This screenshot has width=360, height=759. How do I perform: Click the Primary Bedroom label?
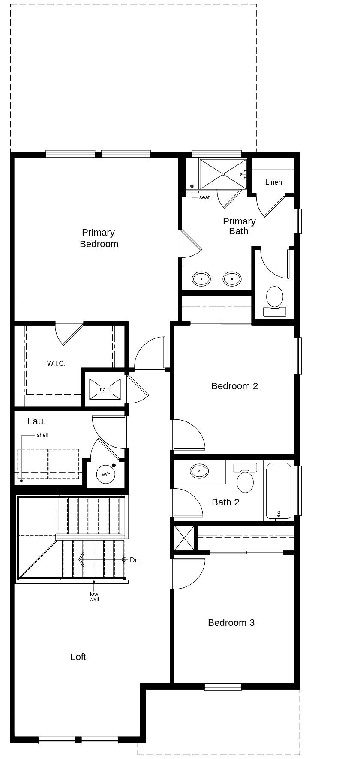tap(99, 238)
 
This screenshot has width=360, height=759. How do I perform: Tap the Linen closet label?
tap(273, 182)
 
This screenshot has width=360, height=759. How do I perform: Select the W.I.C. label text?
tap(56, 364)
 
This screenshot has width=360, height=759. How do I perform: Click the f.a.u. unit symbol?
tap(105, 389)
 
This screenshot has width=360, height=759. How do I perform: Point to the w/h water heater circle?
tap(106, 475)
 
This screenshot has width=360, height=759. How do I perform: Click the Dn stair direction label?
tap(134, 560)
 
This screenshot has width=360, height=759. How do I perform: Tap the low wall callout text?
tap(94, 597)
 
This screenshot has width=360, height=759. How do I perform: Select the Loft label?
tap(78, 657)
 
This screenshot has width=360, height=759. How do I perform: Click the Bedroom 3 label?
tap(231, 623)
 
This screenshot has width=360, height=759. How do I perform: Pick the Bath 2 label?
tap(225, 502)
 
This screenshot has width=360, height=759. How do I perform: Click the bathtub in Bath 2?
tap(279, 491)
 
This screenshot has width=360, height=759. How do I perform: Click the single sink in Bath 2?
tap(199, 471)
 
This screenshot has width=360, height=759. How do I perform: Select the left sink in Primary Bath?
tap(201, 279)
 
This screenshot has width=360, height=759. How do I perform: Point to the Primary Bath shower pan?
tap(223, 174)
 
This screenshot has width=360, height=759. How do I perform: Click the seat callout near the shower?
tap(204, 197)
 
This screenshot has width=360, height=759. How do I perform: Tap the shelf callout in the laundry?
tap(42, 435)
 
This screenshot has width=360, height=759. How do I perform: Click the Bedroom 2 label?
tap(234, 386)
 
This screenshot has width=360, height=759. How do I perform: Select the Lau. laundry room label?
tap(36, 421)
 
